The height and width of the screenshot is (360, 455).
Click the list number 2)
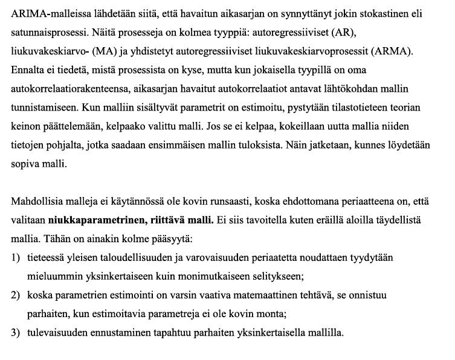[16, 295]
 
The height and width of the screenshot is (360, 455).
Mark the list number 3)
[16, 333]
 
